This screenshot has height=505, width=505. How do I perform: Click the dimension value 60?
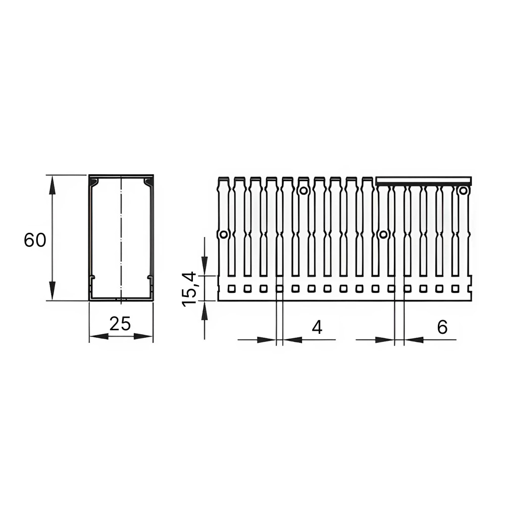pyautogui.click(x=35, y=240)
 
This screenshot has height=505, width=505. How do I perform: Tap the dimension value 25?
pyautogui.click(x=120, y=323)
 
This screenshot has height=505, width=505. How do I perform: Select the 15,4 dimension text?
pyautogui.click(x=189, y=289)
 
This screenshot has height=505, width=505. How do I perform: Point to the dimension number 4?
pyautogui.click(x=317, y=328)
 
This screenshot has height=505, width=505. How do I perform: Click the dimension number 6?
pyautogui.click(x=442, y=327)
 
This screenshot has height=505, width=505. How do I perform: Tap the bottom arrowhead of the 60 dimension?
pyautogui.click(x=52, y=291)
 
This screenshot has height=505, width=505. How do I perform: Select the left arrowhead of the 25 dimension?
pyautogui.click(x=98, y=336)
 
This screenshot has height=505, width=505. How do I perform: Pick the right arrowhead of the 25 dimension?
pyautogui.click(x=143, y=336)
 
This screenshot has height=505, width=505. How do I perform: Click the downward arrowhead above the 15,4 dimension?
pyautogui.click(x=204, y=266)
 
